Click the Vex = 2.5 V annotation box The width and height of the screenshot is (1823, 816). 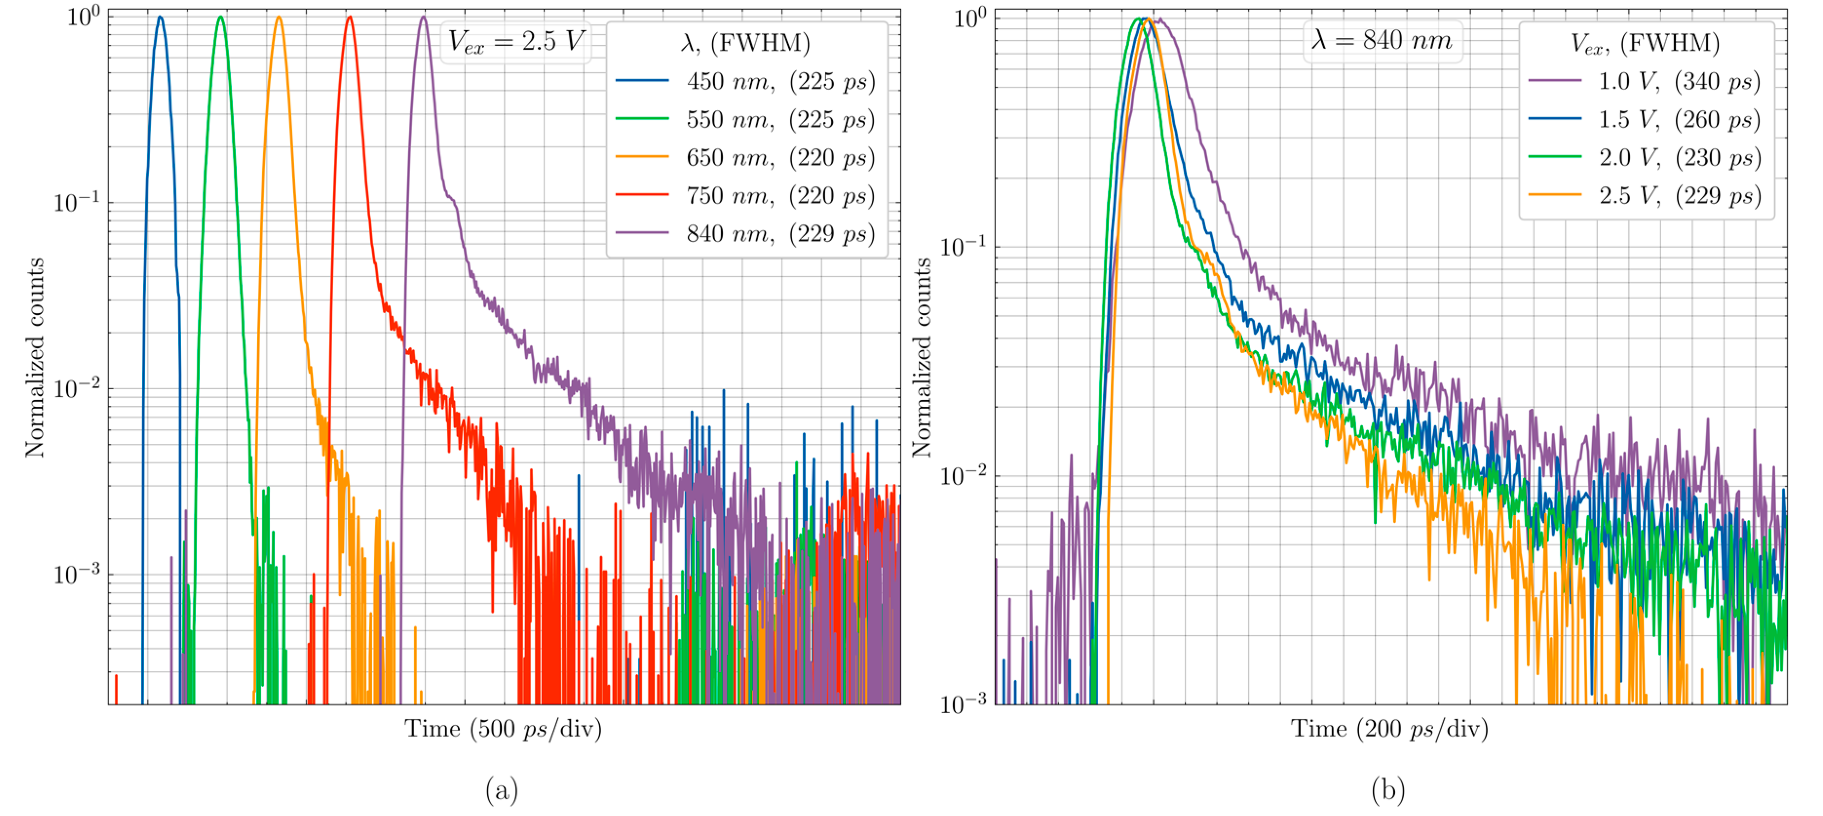tap(516, 42)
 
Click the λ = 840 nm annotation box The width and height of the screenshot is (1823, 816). tap(1382, 40)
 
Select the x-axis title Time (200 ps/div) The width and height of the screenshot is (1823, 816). tap(1389, 728)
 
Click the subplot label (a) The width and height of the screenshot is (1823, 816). tap(502, 789)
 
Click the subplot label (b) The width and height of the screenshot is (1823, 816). tap(1388, 789)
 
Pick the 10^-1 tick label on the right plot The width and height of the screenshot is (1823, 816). tap(963, 247)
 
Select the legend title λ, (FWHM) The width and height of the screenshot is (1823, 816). tap(745, 43)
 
